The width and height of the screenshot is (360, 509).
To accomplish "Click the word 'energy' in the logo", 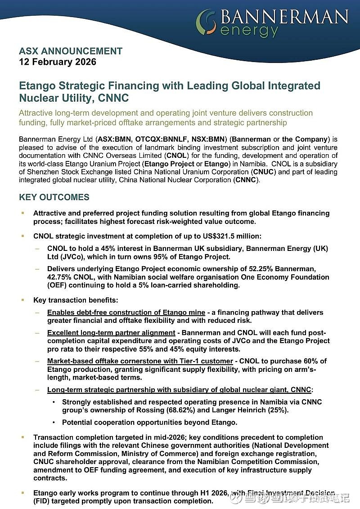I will coord(249,31).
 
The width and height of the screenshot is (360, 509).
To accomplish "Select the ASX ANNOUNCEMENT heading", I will coord(71,51).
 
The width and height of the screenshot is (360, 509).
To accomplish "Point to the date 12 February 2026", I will coord(58,62).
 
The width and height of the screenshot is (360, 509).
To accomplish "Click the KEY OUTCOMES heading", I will coord(54,197).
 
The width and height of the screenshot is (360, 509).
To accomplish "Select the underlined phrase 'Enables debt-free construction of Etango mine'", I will coord(126,313).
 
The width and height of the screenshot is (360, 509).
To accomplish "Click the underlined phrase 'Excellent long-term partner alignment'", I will coord(111,333).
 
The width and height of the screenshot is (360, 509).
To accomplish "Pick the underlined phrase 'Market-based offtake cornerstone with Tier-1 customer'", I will coord(140,361).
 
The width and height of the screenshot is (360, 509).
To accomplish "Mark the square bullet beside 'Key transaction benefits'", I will coord(22,299).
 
